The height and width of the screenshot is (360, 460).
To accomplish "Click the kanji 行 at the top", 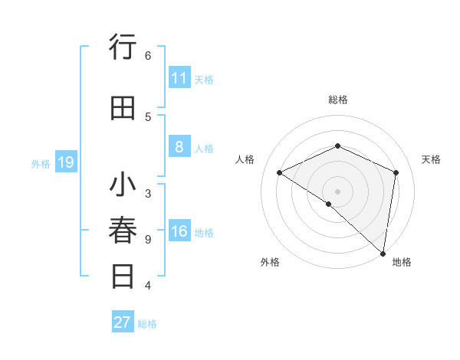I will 123,47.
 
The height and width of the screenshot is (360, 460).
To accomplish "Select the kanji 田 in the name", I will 123,108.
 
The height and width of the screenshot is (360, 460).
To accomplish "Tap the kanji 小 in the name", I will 123,186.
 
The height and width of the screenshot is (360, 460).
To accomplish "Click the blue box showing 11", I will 179,78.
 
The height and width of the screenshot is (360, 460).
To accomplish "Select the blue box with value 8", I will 179,147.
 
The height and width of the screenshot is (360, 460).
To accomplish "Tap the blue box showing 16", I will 179,232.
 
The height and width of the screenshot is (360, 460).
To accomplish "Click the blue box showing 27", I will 123,322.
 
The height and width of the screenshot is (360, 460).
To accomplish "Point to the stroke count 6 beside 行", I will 148,55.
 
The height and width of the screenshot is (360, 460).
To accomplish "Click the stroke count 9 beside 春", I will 148,240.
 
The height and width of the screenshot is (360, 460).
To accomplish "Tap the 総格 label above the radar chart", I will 337,100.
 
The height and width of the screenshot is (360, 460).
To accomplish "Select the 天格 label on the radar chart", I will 432,159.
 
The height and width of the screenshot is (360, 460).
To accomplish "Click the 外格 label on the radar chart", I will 270,263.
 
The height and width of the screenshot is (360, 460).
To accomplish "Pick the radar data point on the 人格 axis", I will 280,172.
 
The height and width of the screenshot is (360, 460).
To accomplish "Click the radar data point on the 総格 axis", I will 337,146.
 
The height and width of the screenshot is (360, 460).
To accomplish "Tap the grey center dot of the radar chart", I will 337,190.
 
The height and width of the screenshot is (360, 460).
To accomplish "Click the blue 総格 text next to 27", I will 147,323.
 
